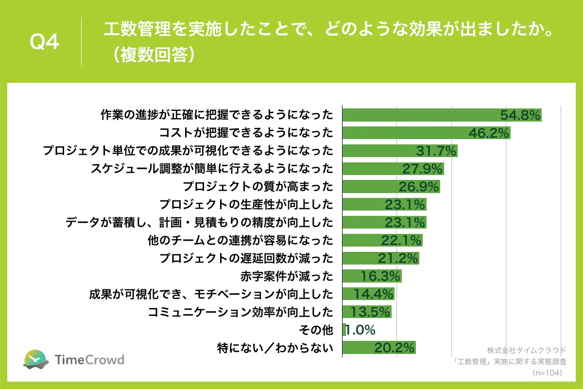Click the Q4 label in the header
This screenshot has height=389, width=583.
pyautogui.click(x=45, y=42)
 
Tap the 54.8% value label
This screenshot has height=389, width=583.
pyautogui.click(x=520, y=115)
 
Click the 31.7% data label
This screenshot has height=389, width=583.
pyautogui.click(x=436, y=151)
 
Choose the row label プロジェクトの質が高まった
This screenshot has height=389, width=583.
pyautogui.click(x=258, y=187)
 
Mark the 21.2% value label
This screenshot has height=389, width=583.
pyautogui.click(x=398, y=258)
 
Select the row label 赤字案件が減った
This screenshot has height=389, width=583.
pyautogui.click(x=287, y=276)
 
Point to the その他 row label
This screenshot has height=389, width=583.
pyautogui.click(x=317, y=330)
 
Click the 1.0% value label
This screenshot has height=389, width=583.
pyautogui.click(x=360, y=330)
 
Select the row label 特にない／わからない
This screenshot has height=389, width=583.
pyautogui.click(x=275, y=348)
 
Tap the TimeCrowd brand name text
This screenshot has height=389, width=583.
pyautogui.click(x=89, y=360)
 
